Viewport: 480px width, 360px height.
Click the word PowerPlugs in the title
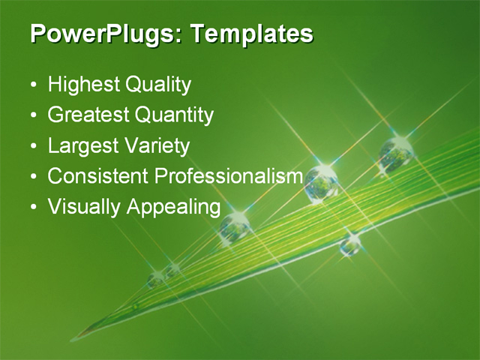click(x=104, y=34)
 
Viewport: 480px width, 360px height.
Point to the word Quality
click(x=157, y=85)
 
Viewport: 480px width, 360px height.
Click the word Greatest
click(x=88, y=115)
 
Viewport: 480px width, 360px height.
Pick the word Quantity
click(x=174, y=115)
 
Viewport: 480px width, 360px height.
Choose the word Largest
click(x=81, y=145)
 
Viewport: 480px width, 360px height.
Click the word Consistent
click(x=97, y=176)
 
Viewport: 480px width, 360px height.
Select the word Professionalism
click(x=228, y=176)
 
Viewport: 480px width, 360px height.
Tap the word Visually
click(x=84, y=206)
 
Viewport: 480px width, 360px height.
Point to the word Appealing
click(x=173, y=207)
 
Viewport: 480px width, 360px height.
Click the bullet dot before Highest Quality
click(x=33, y=85)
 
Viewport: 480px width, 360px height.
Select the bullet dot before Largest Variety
click(x=33, y=146)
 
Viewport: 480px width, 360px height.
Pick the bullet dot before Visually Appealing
click(x=33, y=207)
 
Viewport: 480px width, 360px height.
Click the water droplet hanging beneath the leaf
click(x=350, y=244)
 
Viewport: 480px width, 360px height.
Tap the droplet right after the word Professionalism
click(x=322, y=182)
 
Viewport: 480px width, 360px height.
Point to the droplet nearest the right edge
click(x=396, y=154)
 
